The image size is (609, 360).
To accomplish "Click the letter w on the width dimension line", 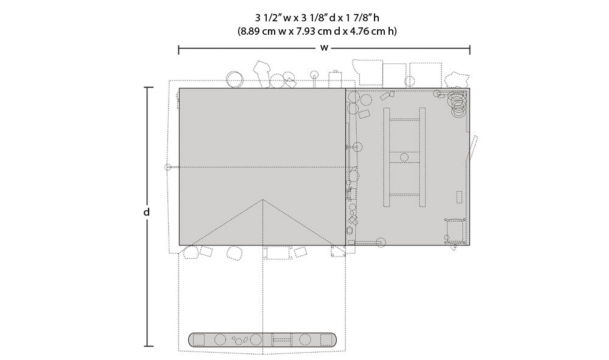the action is [324, 48].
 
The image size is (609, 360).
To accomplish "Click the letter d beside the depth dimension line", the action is [146, 212].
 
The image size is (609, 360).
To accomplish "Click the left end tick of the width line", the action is [178, 50].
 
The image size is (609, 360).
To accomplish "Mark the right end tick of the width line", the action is [470, 50].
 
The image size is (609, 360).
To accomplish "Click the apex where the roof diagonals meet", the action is [263, 199].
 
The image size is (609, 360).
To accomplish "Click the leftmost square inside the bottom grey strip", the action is [199, 340].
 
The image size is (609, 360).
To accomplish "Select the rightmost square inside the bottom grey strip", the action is [325, 340].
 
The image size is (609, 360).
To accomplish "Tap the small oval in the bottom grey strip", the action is [244, 339].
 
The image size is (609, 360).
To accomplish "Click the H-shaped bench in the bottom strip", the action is [281, 340].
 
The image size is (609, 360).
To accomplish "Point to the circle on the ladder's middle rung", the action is [404, 157].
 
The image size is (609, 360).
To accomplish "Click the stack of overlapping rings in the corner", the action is [457, 104].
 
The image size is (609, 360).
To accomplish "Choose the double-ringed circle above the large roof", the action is [234, 80].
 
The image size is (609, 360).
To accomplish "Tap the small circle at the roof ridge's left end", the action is [167, 168].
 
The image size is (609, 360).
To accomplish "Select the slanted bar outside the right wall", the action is [473, 147].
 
